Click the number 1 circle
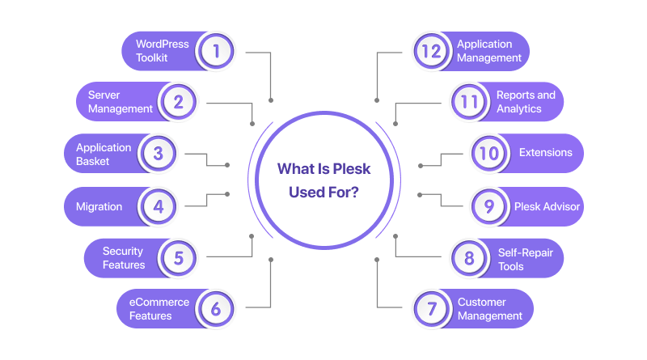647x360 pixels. coord(216,51)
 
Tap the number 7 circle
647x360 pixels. coord(431,309)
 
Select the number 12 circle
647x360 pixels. coord(431,51)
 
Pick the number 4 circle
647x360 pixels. coord(158,206)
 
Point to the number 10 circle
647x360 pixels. coord(489,154)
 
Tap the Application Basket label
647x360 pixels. coord(104,154)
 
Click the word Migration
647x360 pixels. coord(99,206)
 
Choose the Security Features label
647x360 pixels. coord(124,258)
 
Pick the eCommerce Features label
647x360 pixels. coord(159,309)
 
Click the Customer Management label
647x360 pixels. coord(490,309)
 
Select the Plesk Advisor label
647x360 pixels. coord(547,206)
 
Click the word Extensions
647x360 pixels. coord(545,153)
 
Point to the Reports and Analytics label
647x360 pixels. coord(526,102)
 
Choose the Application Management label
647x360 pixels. coord(489,51)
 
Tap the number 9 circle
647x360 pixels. coord(489,206)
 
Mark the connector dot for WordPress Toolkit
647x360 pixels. coord(270,100)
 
